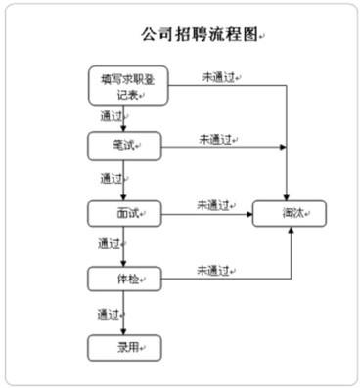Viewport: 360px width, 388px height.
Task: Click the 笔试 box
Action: (x=123, y=147)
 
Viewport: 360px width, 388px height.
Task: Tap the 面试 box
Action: (x=123, y=213)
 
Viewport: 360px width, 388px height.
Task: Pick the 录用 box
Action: (x=123, y=346)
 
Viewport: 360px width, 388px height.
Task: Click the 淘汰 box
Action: (x=290, y=213)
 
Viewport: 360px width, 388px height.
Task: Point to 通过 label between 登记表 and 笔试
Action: (x=112, y=115)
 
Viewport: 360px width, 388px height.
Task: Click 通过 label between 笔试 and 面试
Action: (x=112, y=179)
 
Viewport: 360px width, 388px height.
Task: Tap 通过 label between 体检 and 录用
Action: (x=110, y=314)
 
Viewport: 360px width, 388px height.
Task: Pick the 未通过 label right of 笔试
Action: (x=216, y=139)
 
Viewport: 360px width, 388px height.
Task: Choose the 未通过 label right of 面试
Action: (x=214, y=205)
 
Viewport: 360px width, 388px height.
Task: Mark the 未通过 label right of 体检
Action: (x=214, y=270)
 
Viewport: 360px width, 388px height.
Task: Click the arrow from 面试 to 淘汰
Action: (x=205, y=214)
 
